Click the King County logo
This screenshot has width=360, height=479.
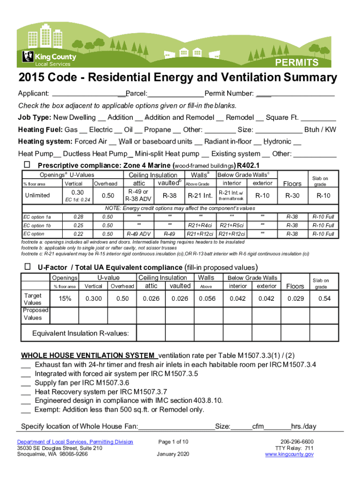[x=49, y=58]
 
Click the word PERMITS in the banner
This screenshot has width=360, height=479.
[x=296, y=63]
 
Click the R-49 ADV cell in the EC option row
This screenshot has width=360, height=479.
[x=139, y=234]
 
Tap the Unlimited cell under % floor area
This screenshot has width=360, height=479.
[x=37, y=195]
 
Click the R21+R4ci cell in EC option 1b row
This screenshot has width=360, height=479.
[x=201, y=225]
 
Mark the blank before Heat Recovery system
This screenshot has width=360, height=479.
[x=26, y=392]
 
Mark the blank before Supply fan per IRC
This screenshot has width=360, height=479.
[x=26, y=383]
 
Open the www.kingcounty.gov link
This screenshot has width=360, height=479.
[x=289, y=454]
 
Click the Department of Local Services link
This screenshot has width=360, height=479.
[x=75, y=442]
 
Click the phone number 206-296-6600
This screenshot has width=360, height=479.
[x=297, y=442]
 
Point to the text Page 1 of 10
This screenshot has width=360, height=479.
[x=173, y=442]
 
